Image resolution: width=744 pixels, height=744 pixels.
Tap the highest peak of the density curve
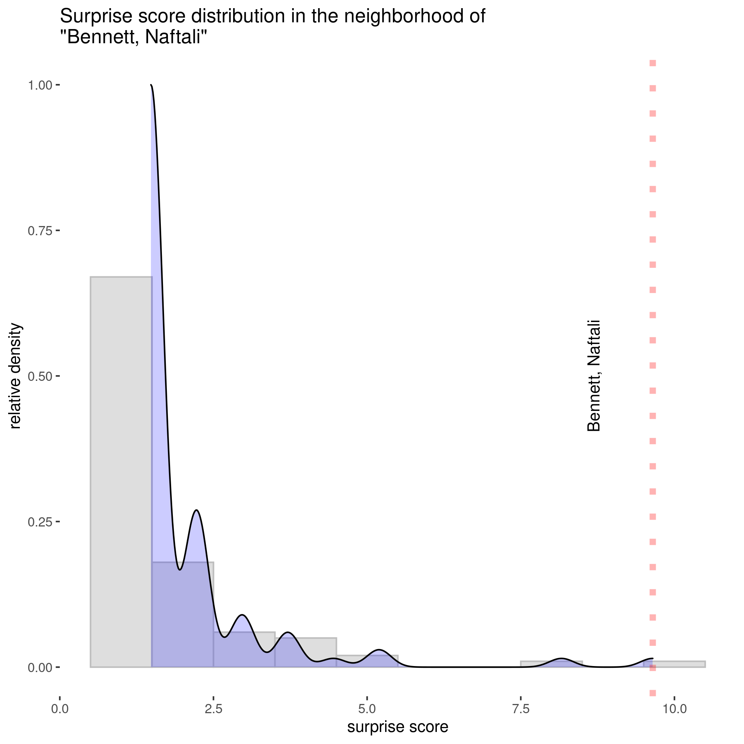click(151, 85)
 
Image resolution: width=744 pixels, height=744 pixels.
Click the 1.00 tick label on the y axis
click(40, 85)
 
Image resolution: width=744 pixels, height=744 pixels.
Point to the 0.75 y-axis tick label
click(40, 231)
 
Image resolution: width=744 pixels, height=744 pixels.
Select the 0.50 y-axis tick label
click(40, 376)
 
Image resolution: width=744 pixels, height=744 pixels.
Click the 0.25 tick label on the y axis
click(40, 522)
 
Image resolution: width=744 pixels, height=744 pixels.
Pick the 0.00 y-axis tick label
click(40, 667)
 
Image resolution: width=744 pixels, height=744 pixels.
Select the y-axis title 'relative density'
click(15, 376)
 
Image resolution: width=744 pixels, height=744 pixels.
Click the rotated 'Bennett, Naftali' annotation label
click(593, 376)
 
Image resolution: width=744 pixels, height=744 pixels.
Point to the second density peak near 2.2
click(196, 511)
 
